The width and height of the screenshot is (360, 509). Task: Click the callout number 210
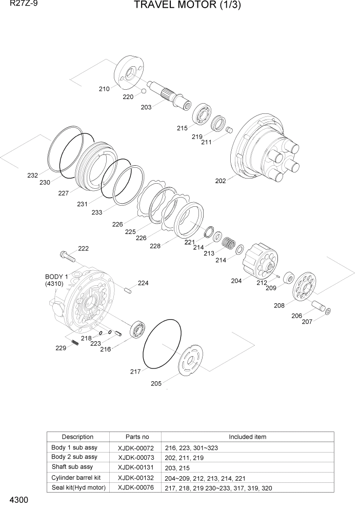[x=104, y=89]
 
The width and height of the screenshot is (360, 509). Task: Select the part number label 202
[x=221, y=181]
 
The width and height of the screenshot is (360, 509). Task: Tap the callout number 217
[x=135, y=371]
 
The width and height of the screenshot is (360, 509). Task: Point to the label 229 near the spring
[x=61, y=348]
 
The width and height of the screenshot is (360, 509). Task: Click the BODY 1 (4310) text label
[x=56, y=280]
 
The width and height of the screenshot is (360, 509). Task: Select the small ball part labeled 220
[x=144, y=91]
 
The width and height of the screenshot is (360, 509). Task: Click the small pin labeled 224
[x=128, y=291]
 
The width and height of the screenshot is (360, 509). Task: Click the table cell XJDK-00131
[x=133, y=466]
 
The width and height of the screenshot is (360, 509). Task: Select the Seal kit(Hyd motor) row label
[x=78, y=487]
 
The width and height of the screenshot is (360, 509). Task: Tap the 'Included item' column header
[x=247, y=437]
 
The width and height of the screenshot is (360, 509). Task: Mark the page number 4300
[x=17, y=500]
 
